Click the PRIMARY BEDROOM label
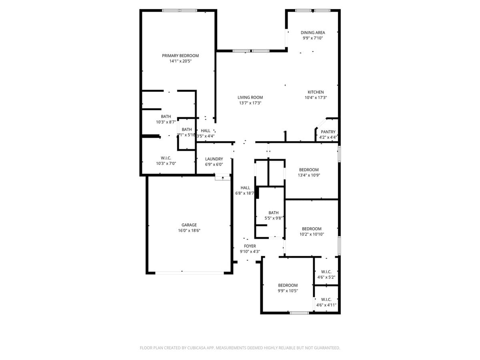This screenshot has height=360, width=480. tap(180, 56)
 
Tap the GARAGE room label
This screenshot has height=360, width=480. tap(189, 225)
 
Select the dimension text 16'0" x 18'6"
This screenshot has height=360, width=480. tap(189, 231)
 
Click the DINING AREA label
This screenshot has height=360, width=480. tap(312, 32)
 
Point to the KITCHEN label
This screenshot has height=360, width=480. tap(316, 92)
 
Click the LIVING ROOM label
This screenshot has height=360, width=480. tap(250, 97)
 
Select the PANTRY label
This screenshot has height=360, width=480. tap(328, 132)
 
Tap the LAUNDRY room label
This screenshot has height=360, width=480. tap(214, 159)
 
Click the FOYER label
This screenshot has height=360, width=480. tap(250, 246)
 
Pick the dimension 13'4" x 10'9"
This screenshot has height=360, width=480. tap(309, 175)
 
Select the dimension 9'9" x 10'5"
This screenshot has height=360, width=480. tap(288, 291)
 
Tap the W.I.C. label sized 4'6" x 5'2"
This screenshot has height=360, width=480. tap(326, 272)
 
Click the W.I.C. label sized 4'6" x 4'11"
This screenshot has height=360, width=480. tap(326, 299)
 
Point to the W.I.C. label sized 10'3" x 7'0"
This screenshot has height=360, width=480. tap(166, 158)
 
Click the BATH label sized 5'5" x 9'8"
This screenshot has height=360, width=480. tap(274, 213)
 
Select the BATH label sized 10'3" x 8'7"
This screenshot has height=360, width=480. tap(166, 116)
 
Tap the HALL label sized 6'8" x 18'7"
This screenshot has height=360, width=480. tap(245, 188)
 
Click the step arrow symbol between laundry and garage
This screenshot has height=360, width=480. tap(222, 177)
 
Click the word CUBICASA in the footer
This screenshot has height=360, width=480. tap(196, 348)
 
